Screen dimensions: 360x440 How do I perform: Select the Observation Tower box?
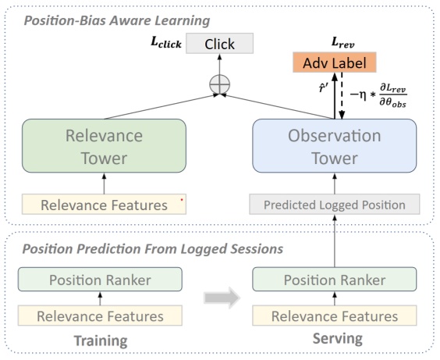coord(335,146)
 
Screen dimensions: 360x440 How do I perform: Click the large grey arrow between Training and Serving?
coord(219,298)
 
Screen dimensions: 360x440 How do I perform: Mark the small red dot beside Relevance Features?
coord(181,200)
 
